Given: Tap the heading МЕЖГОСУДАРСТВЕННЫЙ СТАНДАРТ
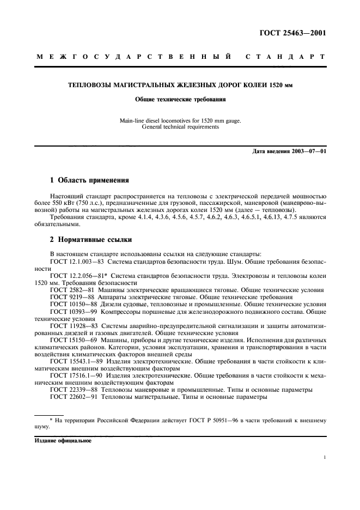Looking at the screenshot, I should coord(180,57).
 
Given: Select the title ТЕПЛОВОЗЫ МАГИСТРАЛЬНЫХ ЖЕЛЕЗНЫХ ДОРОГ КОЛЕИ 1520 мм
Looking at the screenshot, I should coord(180,86).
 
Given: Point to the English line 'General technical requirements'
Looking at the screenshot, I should coord(180,127).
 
